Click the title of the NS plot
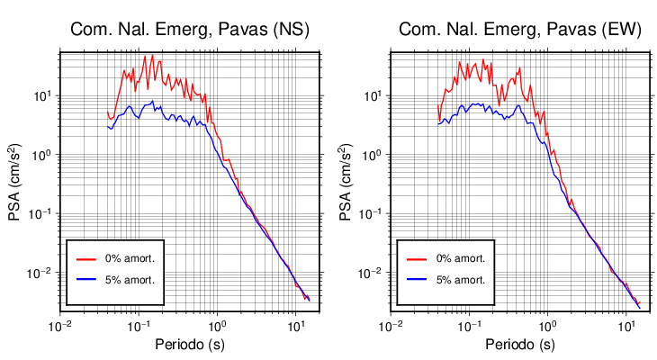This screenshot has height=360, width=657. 190,30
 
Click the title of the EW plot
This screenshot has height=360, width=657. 519,30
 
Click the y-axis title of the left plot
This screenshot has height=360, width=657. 15,184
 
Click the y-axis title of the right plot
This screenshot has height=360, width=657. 345,184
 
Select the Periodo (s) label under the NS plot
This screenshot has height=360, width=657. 190,345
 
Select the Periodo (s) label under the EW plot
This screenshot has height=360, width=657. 519,345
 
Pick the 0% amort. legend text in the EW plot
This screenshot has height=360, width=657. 460,258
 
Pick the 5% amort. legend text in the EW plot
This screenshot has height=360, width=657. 460,280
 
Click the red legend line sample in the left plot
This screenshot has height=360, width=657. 86,258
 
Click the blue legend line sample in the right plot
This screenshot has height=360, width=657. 416,280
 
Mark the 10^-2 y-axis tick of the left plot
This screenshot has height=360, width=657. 40,273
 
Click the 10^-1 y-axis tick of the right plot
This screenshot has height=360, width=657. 370,213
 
